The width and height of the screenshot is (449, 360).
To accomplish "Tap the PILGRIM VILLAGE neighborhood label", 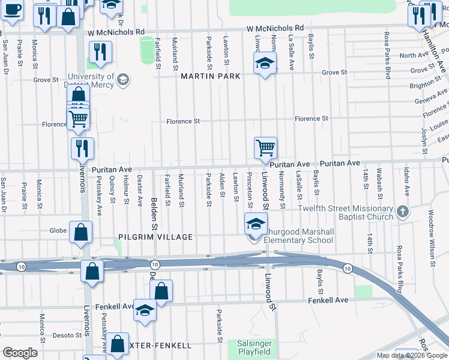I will click(155, 237).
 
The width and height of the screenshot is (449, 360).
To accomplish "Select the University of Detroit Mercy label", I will click(91, 80).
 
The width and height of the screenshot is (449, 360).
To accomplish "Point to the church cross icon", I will click(403, 211).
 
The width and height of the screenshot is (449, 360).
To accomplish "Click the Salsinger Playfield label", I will click(253, 347).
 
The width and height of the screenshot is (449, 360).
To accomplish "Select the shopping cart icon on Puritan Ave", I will click(265, 148).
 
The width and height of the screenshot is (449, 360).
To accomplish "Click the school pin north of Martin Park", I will click(265, 64).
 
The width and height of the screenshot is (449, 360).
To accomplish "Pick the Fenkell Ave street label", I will click(328, 300).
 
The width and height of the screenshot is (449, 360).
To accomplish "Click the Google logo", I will click(20, 353).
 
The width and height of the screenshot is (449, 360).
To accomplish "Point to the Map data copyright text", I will click(411, 355).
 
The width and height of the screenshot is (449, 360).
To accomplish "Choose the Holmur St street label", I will click(126, 188).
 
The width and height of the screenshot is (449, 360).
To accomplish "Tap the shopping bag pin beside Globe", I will click(80, 232).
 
